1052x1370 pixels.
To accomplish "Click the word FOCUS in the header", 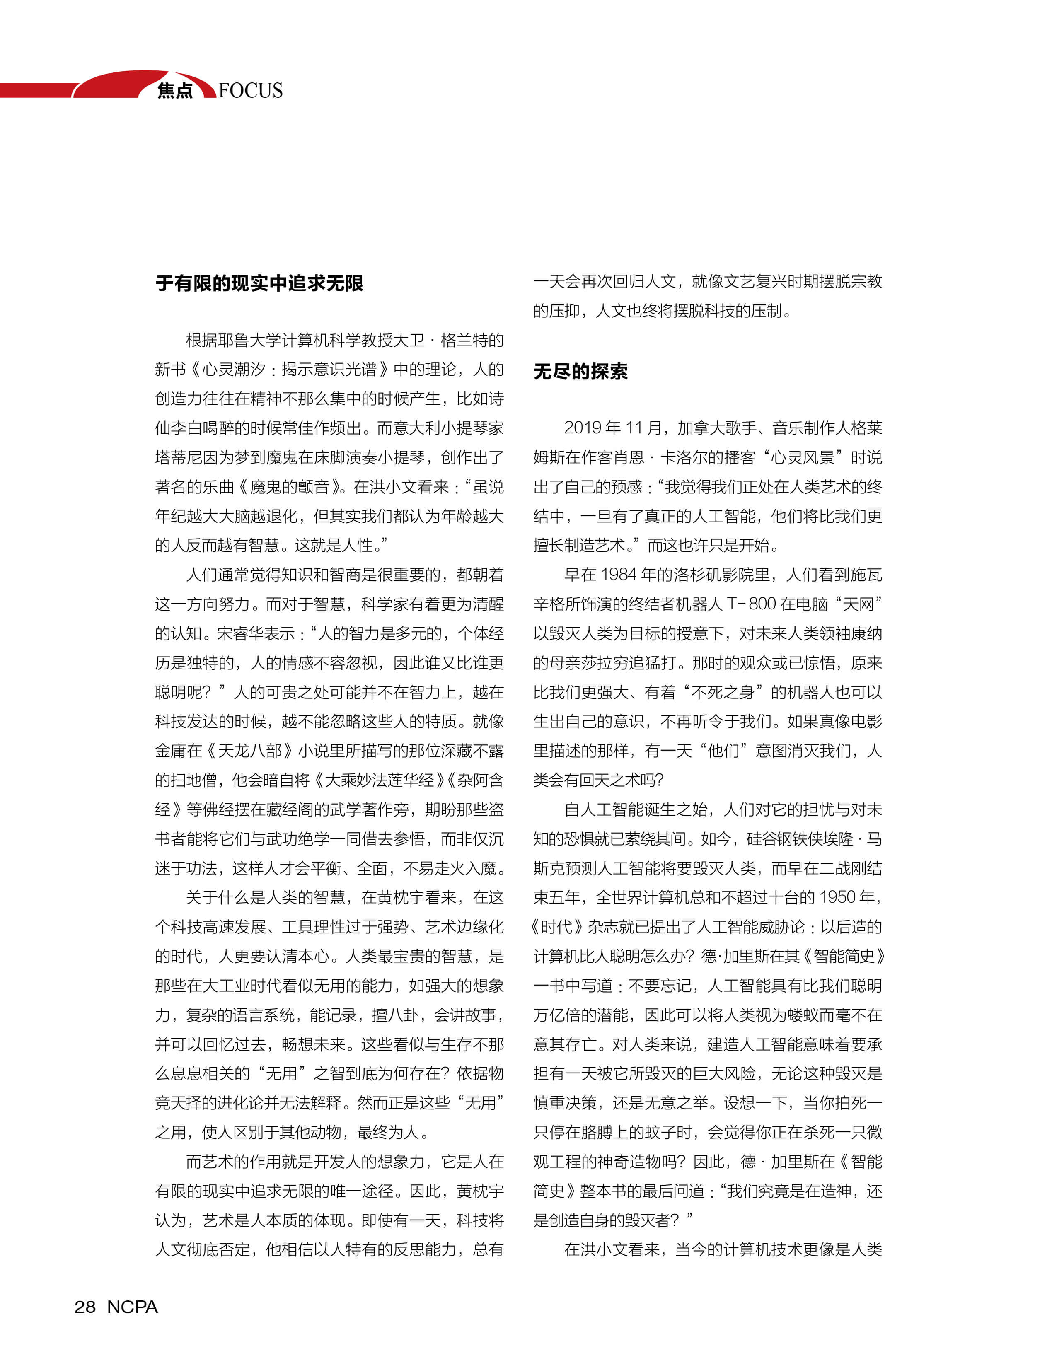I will [251, 91].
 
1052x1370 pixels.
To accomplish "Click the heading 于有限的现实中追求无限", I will [259, 284].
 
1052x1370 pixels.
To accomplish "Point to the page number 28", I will [85, 1307].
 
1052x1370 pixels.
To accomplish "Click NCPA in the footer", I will [132, 1307].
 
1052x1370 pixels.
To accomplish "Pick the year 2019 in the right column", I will [583, 428].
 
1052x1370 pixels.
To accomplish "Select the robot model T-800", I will [752, 604].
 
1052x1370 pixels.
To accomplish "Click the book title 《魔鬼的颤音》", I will [288, 487].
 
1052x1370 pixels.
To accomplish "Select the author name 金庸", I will [170, 751].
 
